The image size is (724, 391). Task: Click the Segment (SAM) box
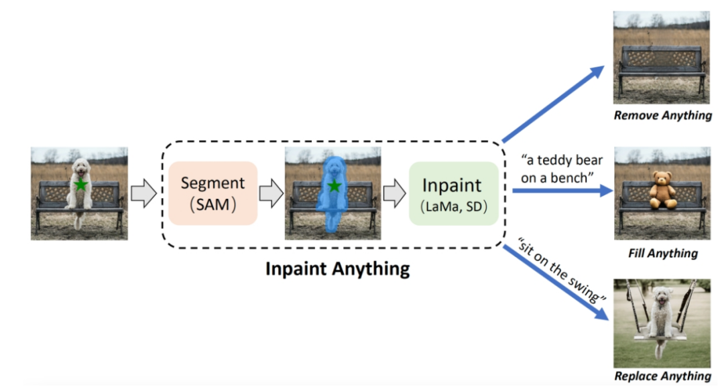[213, 193]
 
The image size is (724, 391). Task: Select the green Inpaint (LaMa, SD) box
[454, 193]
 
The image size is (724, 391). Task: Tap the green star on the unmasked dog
[81, 185]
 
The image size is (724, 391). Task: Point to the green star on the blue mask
[334, 186]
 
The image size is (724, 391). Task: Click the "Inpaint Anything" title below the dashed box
[337, 269]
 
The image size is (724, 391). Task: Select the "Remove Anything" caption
[662, 115]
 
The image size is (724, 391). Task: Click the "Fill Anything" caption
[663, 253]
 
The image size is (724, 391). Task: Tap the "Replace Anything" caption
[662, 376]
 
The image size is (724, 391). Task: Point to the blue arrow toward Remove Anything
[553, 104]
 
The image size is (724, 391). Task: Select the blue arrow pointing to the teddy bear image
[563, 190]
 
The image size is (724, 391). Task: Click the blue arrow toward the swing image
[556, 283]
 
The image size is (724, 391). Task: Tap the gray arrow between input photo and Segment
[143, 193]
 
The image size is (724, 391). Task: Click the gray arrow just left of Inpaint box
[394, 193]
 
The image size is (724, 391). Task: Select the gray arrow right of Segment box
[271, 193]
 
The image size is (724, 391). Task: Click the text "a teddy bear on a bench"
[562, 169]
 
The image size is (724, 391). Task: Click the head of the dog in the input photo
[81, 167]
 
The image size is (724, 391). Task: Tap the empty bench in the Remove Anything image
[662, 67]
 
